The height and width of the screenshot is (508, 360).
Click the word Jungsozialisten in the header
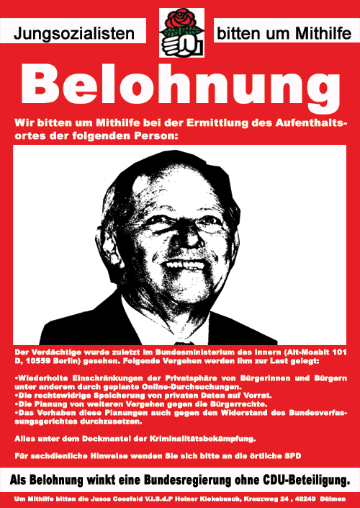(75, 32)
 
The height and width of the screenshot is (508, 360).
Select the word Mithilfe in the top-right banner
(312, 32)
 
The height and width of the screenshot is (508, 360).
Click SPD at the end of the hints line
(291, 456)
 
